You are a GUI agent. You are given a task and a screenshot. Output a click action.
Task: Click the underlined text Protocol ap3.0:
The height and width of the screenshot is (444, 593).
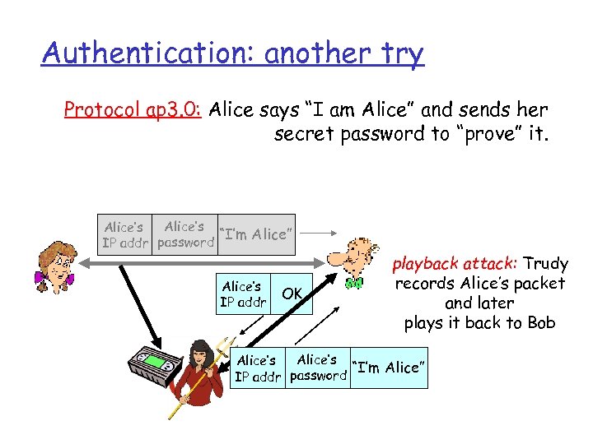(x=134, y=110)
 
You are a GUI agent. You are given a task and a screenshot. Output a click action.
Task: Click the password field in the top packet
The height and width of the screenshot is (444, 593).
(x=185, y=234)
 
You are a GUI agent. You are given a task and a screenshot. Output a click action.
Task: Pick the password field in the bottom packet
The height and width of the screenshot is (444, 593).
(x=318, y=368)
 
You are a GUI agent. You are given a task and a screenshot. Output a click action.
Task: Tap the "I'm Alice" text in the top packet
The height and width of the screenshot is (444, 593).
(x=254, y=234)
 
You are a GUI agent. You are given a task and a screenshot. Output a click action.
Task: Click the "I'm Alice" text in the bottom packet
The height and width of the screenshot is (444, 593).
(x=388, y=368)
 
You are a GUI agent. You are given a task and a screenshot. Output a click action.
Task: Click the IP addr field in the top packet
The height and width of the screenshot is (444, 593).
(x=124, y=234)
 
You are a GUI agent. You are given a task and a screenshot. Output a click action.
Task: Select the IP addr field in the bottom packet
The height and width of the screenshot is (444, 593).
(x=256, y=368)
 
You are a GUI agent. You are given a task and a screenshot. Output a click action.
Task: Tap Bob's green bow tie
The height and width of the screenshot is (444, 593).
(x=354, y=284)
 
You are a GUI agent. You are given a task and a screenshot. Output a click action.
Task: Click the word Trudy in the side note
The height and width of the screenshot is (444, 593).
(x=546, y=264)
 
